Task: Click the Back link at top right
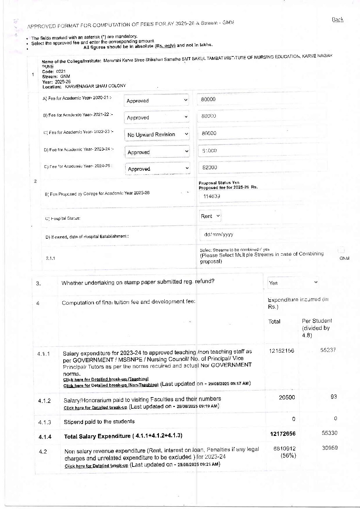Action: (337, 20)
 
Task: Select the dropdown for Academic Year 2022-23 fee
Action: (157, 135)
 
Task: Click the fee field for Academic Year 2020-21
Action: (261, 99)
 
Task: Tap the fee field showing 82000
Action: (262, 167)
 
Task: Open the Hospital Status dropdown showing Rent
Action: (210, 216)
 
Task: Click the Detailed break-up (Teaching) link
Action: (106, 379)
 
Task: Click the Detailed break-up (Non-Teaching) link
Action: (111, 385)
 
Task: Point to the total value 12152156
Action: (281, 351)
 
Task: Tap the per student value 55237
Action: (328, 350)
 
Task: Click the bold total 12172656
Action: (283, 434)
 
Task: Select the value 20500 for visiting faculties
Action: (287, 397)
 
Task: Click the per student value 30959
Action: (330, 448)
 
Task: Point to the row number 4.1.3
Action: (45, 422)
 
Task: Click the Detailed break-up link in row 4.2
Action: (96, 466)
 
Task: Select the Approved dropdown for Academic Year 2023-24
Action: (157, 152)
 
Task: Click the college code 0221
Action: (61, 71)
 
